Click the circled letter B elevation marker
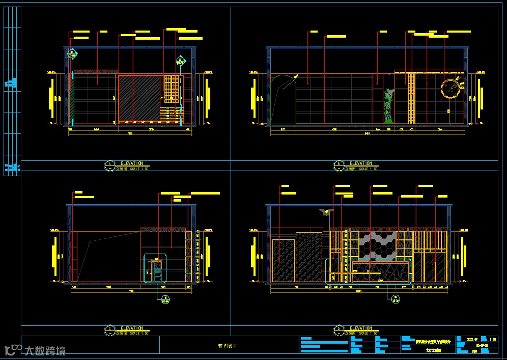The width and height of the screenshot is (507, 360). [x=338, y=164]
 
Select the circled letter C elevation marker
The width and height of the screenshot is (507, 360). [x=109, y=329]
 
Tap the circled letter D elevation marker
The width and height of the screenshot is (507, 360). [x=338, y=329]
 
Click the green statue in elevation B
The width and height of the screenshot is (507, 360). [x=389, y=106]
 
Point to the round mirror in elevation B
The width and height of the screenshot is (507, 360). [x=451, y=89]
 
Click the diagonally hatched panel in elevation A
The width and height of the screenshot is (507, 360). [x=140, y=98]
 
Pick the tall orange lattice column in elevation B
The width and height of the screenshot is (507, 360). [x=412, y=98]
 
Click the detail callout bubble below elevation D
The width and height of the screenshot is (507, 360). [x=395, y=299]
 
